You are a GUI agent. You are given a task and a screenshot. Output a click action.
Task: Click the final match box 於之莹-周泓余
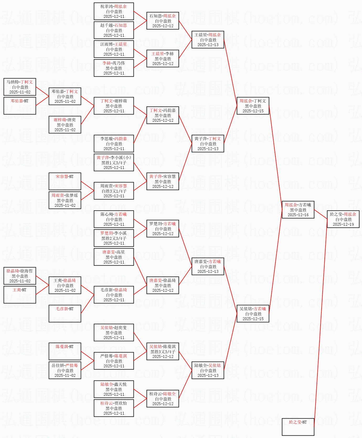tap(343, 219)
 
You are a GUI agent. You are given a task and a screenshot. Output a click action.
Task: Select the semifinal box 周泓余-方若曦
tap(298, 210)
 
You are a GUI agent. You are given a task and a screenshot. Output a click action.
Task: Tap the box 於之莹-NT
tap(298, 427)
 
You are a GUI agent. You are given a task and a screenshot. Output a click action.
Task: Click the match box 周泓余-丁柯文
tap(253, 106)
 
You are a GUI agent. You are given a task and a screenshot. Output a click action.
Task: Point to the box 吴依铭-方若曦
tap(253, 314)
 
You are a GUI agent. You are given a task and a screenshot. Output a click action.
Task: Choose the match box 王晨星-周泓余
tap(208, 40)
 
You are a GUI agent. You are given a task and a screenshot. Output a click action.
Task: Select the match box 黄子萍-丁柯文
tap(208, 144)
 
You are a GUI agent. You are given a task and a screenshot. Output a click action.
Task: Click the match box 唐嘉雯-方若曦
tap(208, 266)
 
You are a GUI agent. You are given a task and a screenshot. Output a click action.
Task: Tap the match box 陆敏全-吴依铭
tap(208, 370)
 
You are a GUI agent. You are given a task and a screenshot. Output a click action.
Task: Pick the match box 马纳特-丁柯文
tap(20, 87)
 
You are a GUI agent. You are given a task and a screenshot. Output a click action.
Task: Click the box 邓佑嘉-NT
tap(20, 106)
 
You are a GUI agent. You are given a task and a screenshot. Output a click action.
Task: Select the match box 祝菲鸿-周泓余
tap(114, 11)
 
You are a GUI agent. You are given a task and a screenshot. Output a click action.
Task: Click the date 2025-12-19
tap(343, 224)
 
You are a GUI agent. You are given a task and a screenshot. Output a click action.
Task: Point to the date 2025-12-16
tap(298, 215)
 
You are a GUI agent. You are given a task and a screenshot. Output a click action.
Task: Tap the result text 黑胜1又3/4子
tap(114, 163)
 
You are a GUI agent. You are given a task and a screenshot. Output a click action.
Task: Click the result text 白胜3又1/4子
tap(114, 191)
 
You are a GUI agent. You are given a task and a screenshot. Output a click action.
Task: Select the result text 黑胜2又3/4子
tap(114, 238)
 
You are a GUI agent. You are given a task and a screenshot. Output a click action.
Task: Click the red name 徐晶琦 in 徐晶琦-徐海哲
tap(13, 271)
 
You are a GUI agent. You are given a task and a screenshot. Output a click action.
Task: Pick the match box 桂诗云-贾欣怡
tap(114, 408)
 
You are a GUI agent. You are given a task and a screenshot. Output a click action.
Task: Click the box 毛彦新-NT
tap(65, 314)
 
